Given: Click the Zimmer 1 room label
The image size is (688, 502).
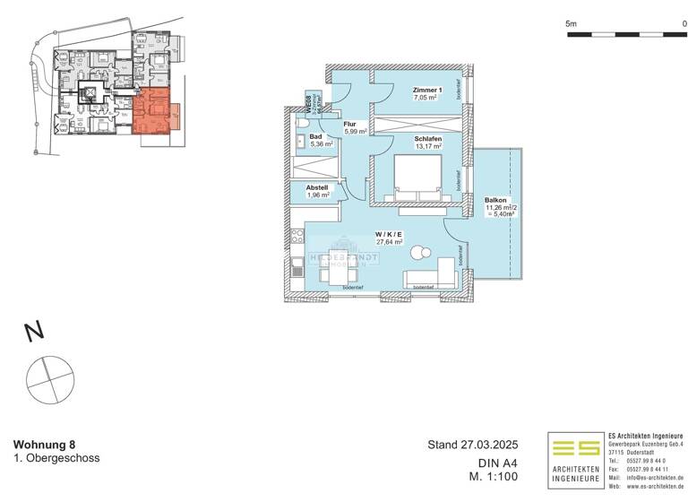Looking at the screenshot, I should pos(427,91).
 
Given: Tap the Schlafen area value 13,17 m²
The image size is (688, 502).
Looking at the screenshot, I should pos(427,146).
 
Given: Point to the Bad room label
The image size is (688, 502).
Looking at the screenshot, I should pos(315,137).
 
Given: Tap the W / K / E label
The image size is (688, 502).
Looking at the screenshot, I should pos(388,235).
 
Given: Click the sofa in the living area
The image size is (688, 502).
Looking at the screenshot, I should pos(430,278).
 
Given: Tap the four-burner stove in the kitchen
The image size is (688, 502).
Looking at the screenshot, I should pos(297,238).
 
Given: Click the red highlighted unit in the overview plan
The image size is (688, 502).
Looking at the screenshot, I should pos(153,111).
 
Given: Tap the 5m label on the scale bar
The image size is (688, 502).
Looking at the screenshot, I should pos(572,23).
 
